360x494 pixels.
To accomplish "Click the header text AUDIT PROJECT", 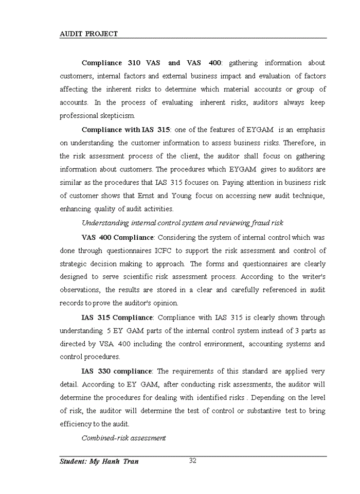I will pyautogui.click(x=89, y=34).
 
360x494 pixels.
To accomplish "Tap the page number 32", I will pyautogui.click(x=193, y=461).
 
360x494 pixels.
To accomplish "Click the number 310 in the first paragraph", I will pyautogui.click(x=134, y=63).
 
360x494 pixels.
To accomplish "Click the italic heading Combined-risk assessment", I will pyautogui.click(x=123, y=438).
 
